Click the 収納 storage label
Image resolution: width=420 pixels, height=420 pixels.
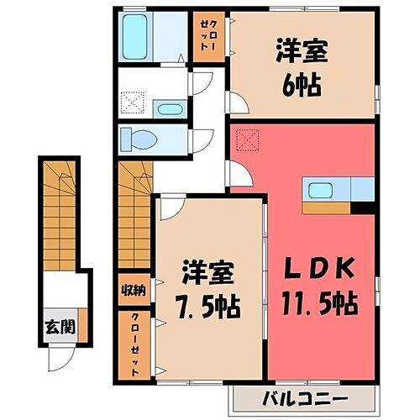(134, 290)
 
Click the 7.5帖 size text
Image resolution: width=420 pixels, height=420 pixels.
(210, 304)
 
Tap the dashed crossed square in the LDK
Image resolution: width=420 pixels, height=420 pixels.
(246, 136)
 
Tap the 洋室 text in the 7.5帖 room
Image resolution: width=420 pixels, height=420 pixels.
(210, 272)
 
